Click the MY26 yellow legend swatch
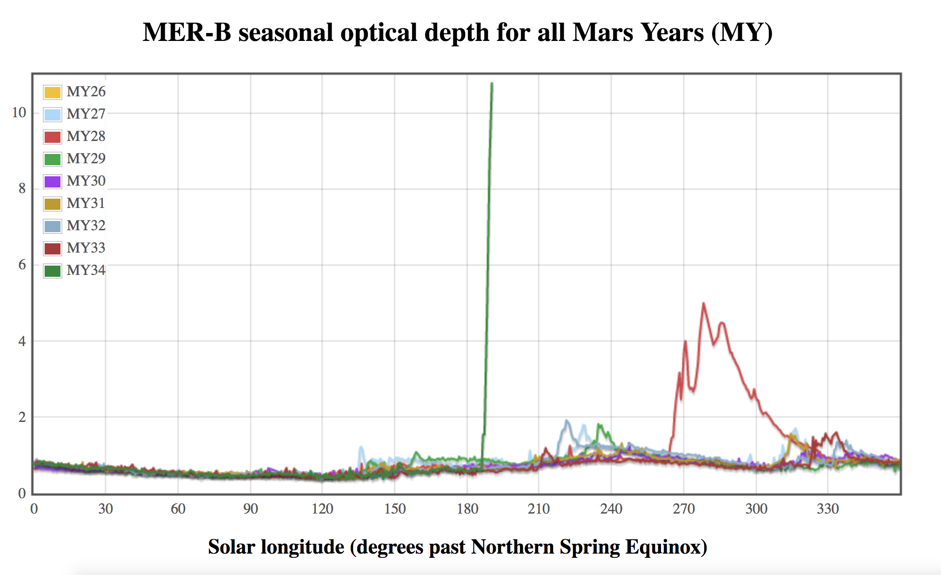53,92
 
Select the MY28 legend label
86,136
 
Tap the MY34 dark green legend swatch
53,271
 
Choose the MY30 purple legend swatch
53,181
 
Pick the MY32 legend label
86,226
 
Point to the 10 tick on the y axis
19,113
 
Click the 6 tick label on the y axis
22,265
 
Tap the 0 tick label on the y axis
22,494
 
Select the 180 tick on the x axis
467,509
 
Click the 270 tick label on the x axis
683,509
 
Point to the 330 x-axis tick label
828,509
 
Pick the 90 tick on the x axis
250,509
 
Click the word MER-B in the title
187,33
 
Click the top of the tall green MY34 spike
492,84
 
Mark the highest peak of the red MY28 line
703,303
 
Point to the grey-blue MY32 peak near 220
566,421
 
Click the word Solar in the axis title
231,547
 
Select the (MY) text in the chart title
742,33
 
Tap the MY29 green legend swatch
53,159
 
